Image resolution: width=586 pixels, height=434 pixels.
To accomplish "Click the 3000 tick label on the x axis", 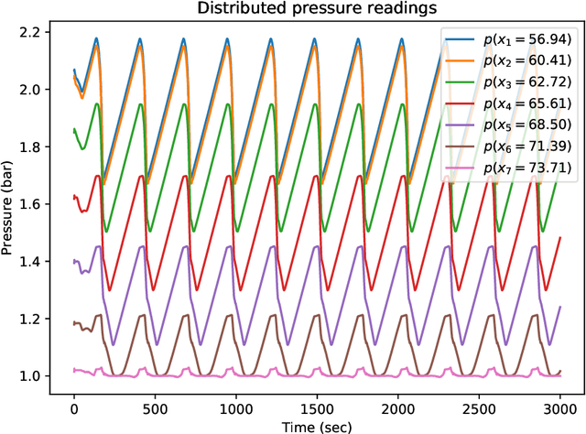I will (x=559, y=403).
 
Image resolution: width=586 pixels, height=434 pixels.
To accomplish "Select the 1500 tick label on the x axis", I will (x=317, y=403).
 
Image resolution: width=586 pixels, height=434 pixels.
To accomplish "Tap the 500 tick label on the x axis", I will (x=155, y=403).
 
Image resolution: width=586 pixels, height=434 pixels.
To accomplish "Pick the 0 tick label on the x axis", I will (x=74, y=403).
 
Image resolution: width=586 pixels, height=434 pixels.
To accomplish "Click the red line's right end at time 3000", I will (x=559, y=237).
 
